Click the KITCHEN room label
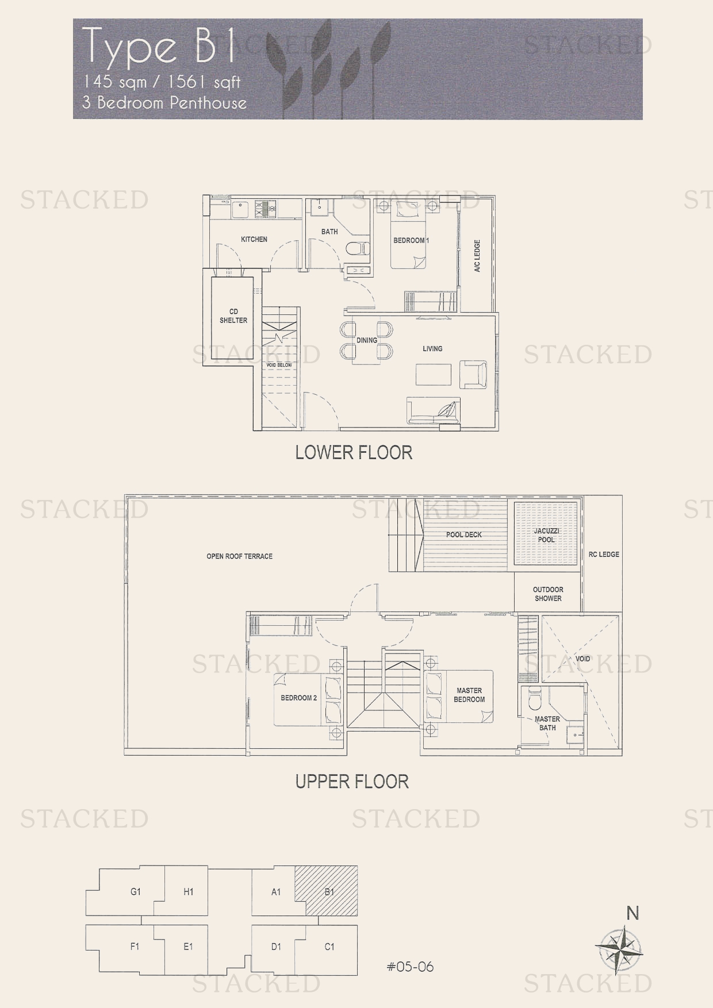coord(254,239)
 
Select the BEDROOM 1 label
coord(411,240)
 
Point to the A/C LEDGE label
coord(477,256)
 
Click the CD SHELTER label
coord(233,316)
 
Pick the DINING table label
coord(367,340)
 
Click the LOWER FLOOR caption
coord(354,453)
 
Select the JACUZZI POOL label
coord(546,535)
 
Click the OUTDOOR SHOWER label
coord(548,594)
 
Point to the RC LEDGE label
coord(604,555)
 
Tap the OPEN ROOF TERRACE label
coord(239,556)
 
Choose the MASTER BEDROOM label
coord(469,695)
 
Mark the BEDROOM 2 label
coord(299,698)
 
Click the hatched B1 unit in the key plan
coord(326,890)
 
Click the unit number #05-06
coord(410,967)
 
